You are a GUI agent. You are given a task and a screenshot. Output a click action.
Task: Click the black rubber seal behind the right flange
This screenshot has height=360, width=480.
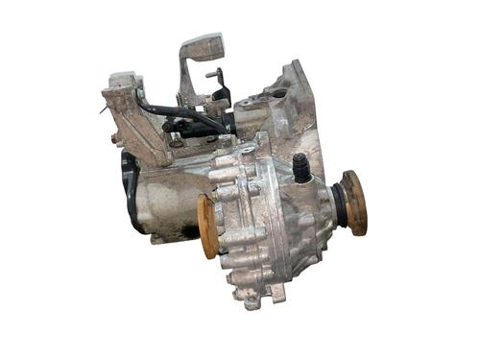pos(338,204)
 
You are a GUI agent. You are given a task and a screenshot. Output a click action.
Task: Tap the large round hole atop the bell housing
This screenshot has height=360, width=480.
pos(278,94)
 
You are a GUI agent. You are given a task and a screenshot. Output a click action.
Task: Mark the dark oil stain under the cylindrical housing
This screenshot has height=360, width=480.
pos(177,230)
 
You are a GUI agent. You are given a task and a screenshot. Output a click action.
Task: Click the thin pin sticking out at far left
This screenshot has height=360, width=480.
pos(102,109)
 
